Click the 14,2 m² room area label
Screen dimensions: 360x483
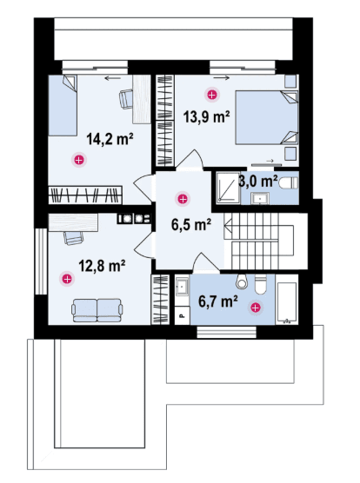[x=110, y=139]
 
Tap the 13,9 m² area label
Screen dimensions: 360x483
[x=206, y=116]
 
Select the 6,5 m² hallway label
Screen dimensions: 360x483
[x=191, y=224]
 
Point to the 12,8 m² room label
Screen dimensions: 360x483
[x=102, y=266]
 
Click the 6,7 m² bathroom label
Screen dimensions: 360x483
[x=218, y=301]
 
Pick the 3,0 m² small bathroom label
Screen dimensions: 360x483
[x=258, y=181]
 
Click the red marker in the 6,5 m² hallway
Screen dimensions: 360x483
[x=183, y=199]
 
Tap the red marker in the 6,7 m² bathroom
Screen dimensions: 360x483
[x=256, y=308]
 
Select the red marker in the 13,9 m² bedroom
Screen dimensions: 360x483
[x=212, y=95]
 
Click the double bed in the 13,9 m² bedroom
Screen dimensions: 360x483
[x=267, y=117]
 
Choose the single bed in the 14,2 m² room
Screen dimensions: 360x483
[x=63, y=105]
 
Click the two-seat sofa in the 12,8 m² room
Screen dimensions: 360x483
[x=97, y=310]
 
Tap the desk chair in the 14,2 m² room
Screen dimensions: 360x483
[x=126, y=98]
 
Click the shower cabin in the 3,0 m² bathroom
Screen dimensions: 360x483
[x=228, y=188]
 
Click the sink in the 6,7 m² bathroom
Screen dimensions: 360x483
[x=182, y=286]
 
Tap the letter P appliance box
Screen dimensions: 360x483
[x=182, y=315]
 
